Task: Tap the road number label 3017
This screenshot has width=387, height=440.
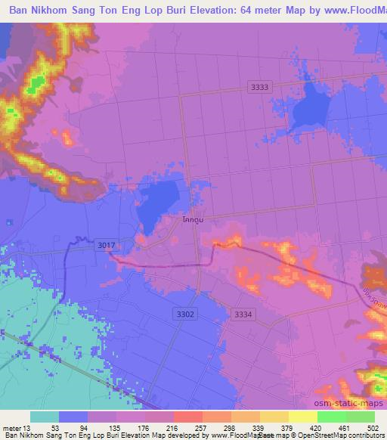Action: [107, 245]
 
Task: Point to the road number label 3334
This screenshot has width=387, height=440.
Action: [244, 314]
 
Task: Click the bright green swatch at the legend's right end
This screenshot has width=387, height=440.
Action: [360, 417]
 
